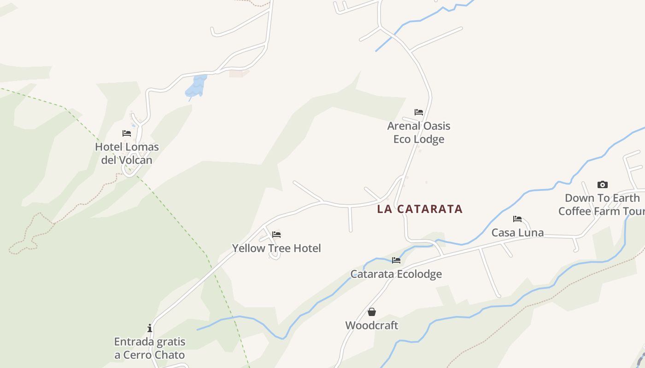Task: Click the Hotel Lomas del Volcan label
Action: point(127,153)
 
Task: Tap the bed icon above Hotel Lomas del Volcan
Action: point(127,133)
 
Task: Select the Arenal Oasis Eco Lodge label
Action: point(419,132)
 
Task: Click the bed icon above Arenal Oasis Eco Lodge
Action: point(419,112)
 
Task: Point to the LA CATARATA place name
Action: point(420,209)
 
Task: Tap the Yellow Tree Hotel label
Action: point(276,248)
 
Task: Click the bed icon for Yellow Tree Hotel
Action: point(276,235)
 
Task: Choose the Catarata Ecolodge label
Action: point(396,274)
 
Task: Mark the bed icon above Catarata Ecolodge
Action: point(396,260)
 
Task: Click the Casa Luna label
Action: point(517,232)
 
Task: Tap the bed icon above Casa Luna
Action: point(517,219)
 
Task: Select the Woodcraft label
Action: point(372,325)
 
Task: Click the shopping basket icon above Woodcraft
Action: point(372,312)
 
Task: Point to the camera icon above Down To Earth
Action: point(602,184)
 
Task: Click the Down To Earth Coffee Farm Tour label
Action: point(602,204)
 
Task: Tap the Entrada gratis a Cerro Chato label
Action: point(150,348)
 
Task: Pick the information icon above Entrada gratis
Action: point(150,328)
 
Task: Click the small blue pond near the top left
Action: point(196,86)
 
